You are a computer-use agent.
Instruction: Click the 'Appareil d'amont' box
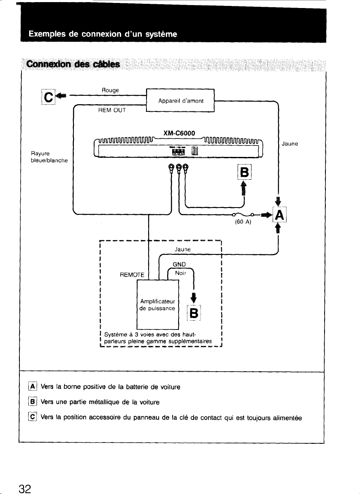tap(180, 101)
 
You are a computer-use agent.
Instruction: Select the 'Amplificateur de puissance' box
tap(157, 305)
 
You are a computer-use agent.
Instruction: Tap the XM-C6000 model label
tap(179, 133)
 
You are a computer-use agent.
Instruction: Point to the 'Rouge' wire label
tap(110, 90)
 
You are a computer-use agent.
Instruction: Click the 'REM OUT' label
tap(112, 110)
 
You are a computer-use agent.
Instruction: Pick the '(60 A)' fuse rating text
tap(243, 222)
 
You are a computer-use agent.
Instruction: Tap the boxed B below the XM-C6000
tap(244, 173)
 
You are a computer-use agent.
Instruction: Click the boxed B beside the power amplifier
tap(194, 313)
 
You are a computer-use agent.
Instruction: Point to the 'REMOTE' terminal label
tap(132, 275)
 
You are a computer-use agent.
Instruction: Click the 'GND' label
tap(179, 265)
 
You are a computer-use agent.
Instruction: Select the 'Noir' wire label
tap(181, 273)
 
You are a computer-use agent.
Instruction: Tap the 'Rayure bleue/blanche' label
tap(49, 157)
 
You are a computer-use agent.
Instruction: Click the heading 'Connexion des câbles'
tap(73, 64)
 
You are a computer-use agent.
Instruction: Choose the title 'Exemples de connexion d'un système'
tap(103, 34)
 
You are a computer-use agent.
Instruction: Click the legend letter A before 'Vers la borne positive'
tap(33, 386)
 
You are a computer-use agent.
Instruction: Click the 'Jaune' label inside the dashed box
tap(182, 249)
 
